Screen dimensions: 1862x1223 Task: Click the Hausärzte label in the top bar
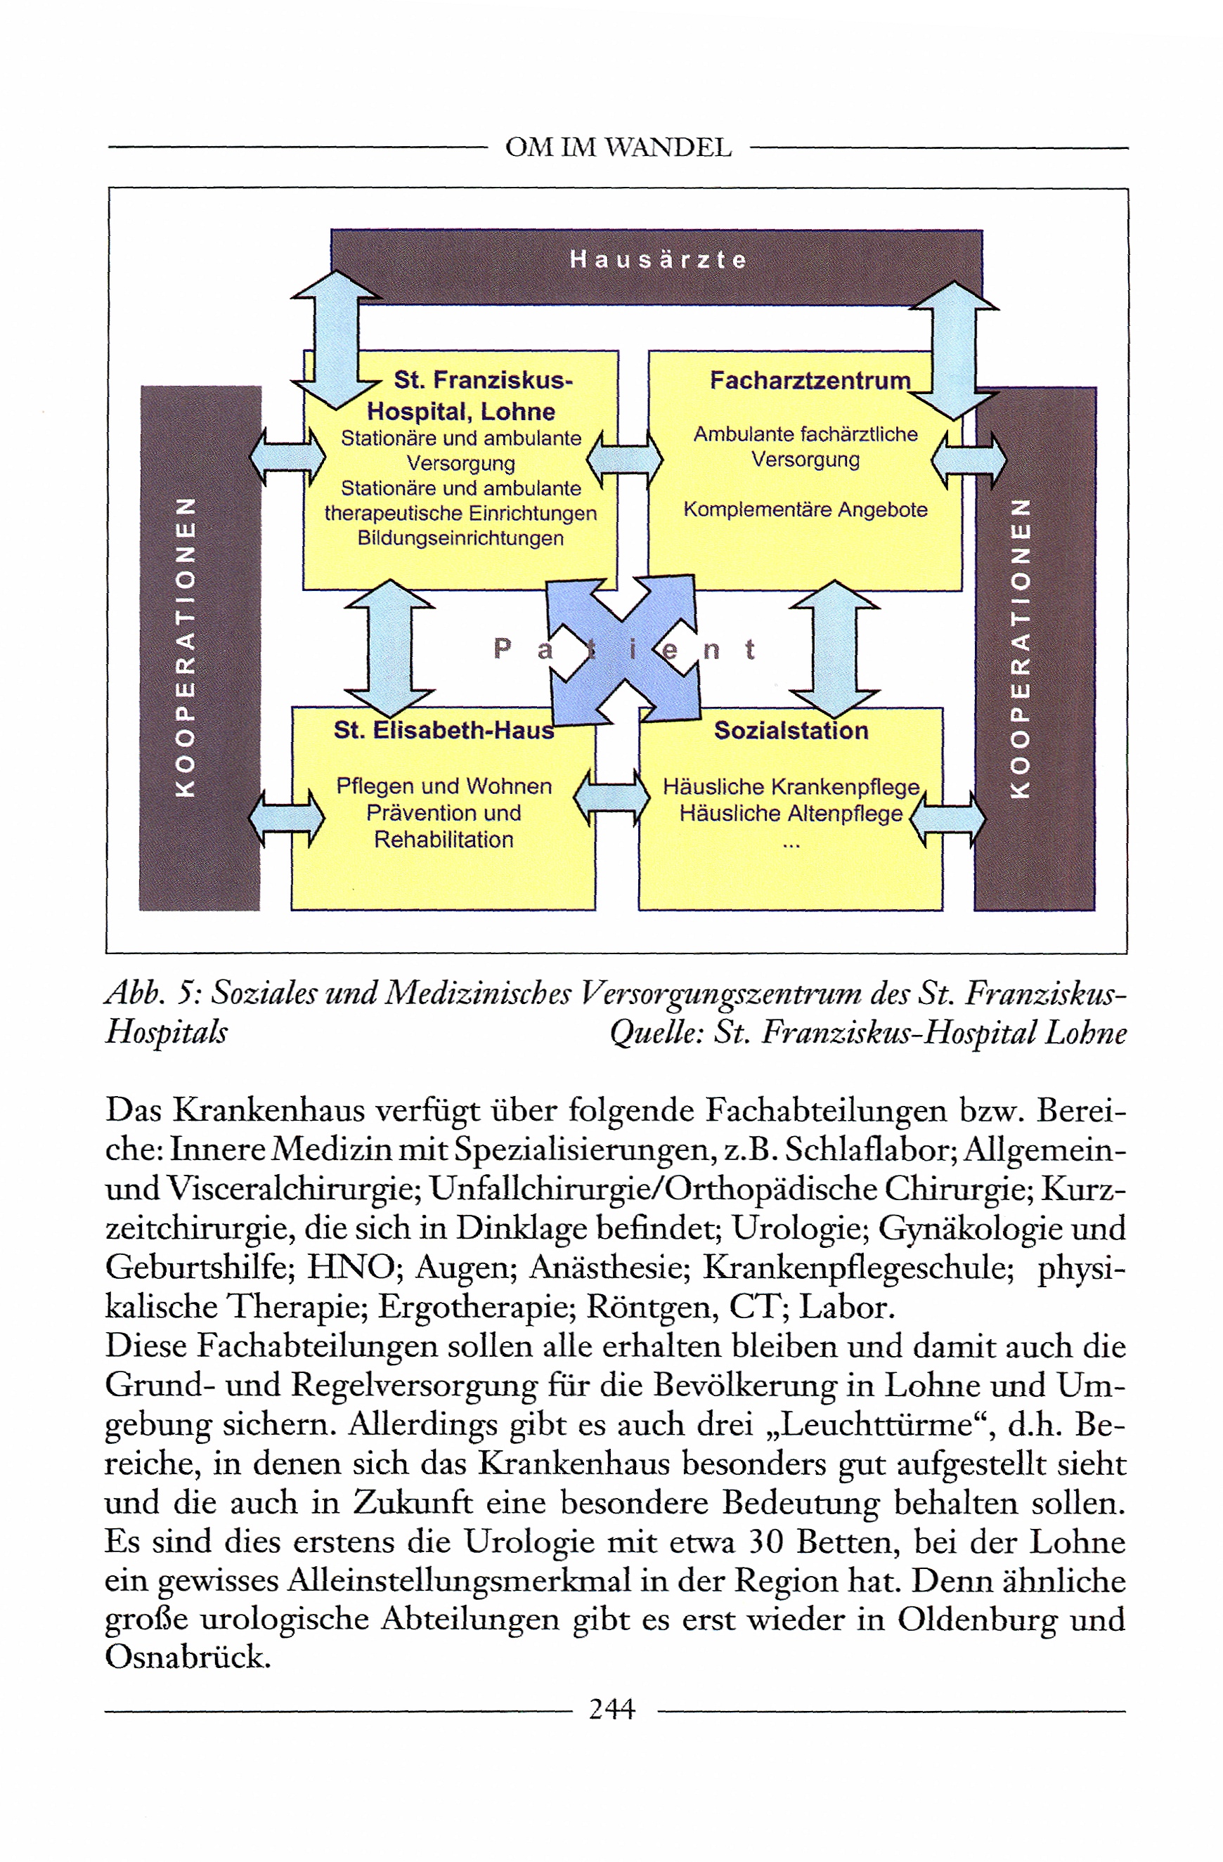(658, 259)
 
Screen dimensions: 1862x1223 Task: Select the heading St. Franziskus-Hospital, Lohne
(470, 396)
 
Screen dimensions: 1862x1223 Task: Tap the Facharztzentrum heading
(810, 380)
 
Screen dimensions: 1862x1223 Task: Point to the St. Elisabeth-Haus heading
(443, 730)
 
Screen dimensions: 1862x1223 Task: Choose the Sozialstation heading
(791, 730)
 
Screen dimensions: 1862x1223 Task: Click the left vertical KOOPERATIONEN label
(185, 646)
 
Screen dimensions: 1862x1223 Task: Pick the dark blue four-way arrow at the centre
(623, 649)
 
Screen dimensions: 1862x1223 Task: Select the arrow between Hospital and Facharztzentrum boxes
(624, 460)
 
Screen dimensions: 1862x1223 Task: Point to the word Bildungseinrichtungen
(460, 538)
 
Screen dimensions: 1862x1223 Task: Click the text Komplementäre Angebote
(805, 509)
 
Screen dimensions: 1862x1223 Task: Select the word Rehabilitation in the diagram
(444, 840)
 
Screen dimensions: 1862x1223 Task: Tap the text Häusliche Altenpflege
(790, 813)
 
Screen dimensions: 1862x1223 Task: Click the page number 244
(612, 1709)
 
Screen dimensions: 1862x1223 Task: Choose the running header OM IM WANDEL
(618, 147)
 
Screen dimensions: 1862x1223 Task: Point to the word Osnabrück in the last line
(188, 1656)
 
